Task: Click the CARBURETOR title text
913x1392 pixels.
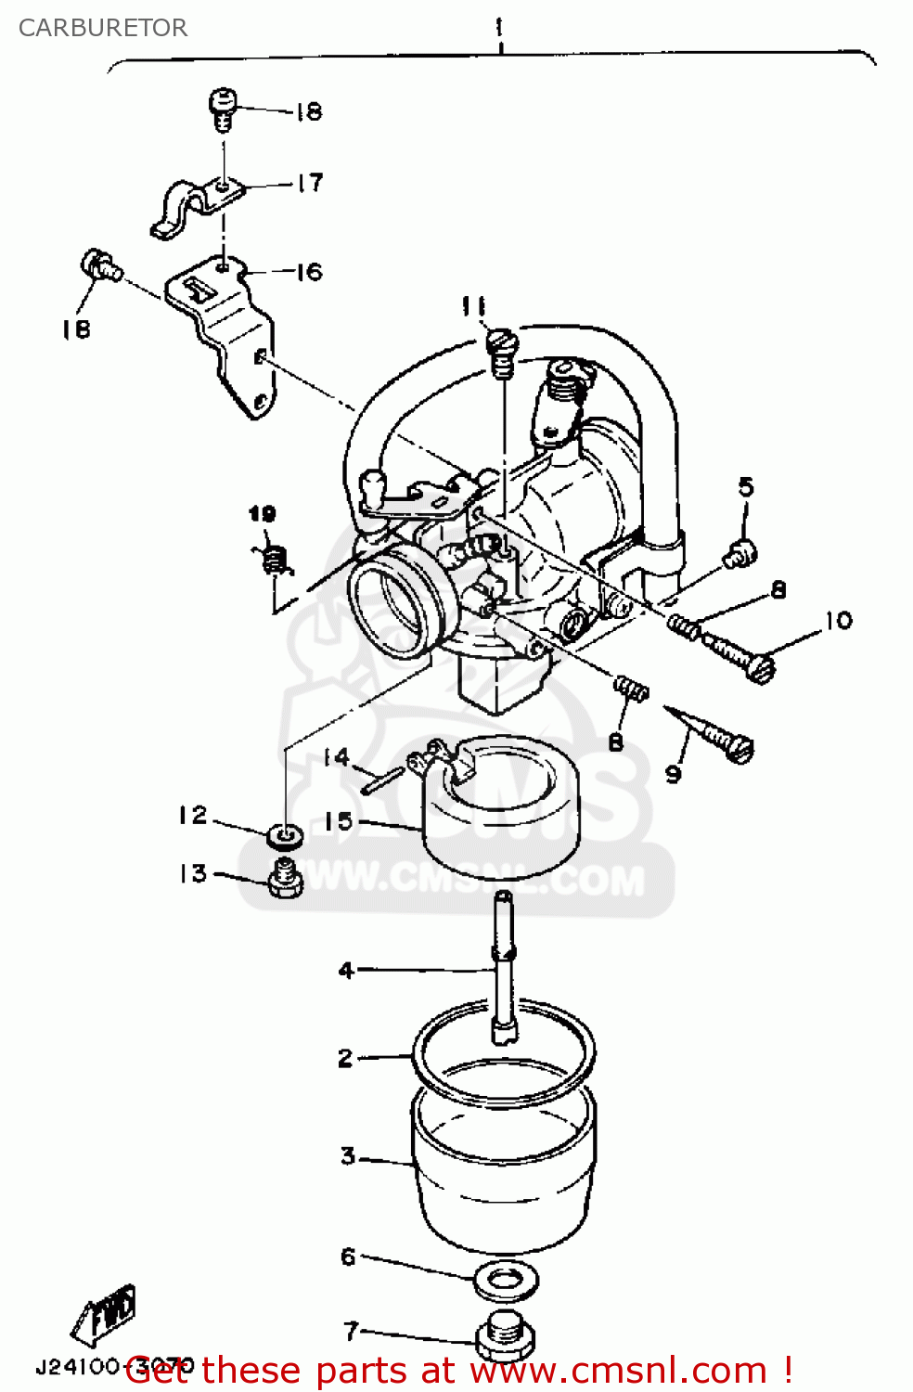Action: (102, 28)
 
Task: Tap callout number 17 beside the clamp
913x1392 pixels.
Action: (310, 183)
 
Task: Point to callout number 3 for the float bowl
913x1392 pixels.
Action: (348, 1155)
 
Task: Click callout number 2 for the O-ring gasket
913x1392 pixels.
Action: (345, 1058)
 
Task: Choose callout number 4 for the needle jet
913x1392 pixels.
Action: (346, 971)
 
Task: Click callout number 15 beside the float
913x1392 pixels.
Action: (338, 821)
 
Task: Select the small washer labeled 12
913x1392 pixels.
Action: (284, 836)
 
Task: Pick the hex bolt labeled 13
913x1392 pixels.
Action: (285, 878)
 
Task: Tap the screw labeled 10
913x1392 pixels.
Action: (739, 655)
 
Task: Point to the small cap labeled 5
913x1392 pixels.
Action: (741, 554)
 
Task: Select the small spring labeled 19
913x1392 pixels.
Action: (274, 560)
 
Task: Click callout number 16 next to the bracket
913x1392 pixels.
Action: (309, 272)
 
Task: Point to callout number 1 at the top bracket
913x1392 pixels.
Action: (499, 27)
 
